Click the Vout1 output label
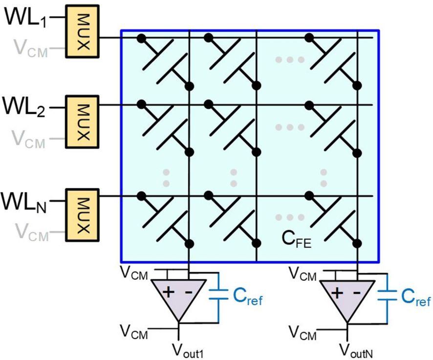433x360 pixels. (189, 350)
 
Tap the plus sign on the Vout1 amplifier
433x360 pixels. (168, 293)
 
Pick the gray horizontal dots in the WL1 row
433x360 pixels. (290, 60)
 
